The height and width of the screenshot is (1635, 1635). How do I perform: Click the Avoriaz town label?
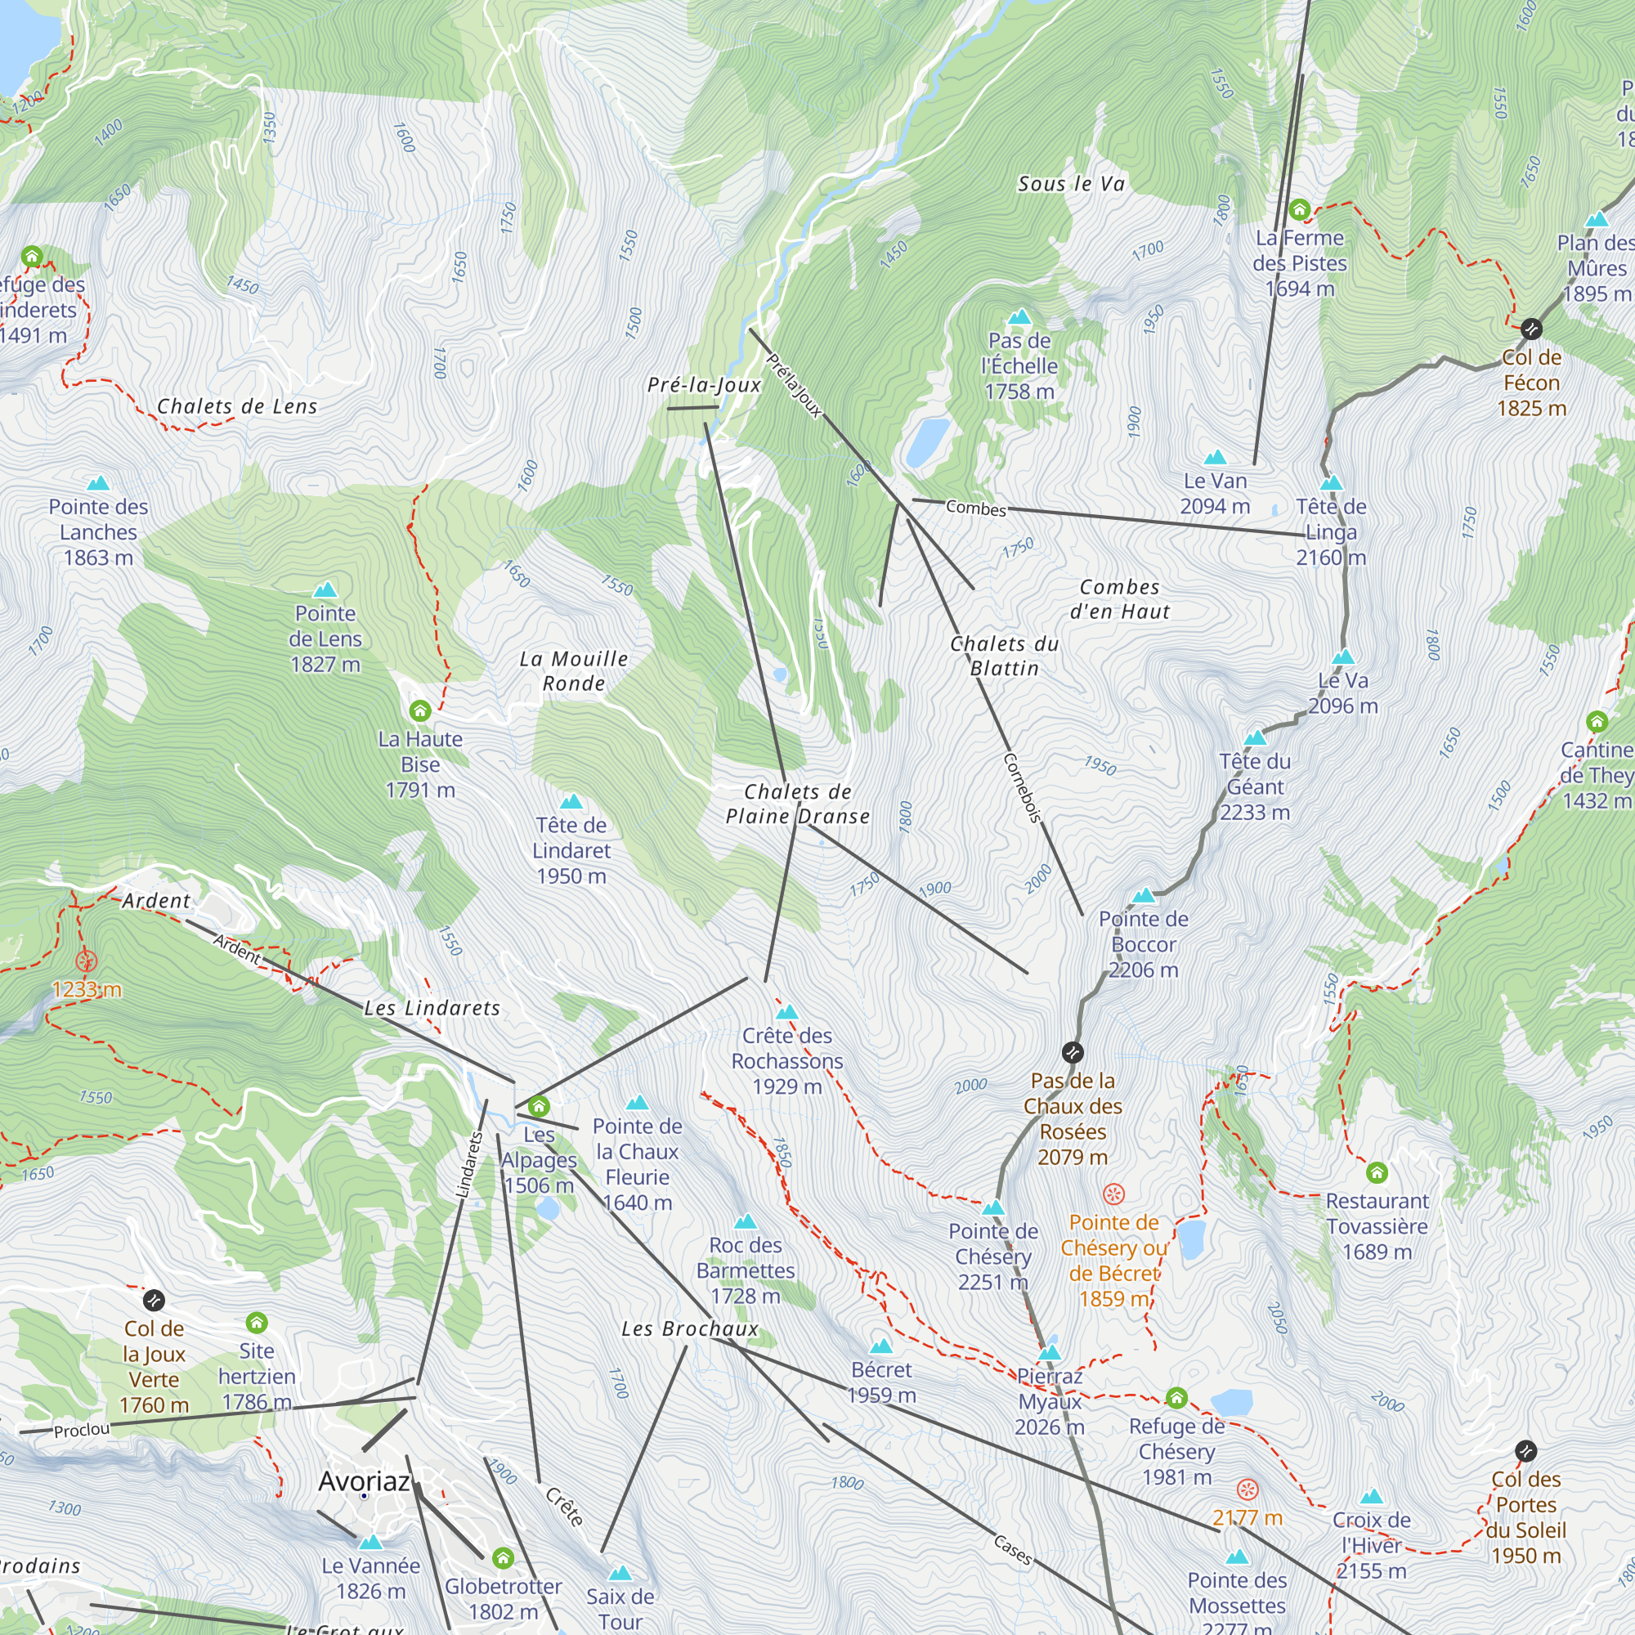point(364,1481)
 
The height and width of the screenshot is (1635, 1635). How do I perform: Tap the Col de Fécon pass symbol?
point(1531,329)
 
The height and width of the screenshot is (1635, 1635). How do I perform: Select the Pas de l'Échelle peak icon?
point(1019,317)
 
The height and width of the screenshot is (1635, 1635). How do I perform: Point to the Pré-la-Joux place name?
point(704,385)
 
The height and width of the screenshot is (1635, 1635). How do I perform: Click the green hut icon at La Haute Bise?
point(419,710)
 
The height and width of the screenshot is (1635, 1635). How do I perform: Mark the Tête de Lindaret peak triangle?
point(571,801)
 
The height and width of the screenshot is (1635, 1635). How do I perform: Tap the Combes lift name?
point(976,508)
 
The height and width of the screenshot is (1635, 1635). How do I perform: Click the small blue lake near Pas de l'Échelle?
point(928,441)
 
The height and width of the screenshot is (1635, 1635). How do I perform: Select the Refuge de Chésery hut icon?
point(1176,1396)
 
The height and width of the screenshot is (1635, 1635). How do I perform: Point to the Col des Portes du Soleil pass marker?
point(1525,1450)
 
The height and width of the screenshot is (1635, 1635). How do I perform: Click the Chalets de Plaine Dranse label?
point(797,804)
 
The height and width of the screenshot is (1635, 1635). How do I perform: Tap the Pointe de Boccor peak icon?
point(1144,895)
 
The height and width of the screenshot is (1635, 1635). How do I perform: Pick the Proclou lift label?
point(82,1430)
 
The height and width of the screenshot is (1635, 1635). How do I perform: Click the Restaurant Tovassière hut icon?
point(1377,1172)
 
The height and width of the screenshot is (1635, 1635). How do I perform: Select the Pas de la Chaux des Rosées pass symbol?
point(1073,1053)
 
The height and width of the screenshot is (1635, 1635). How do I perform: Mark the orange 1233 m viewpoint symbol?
point(87,961)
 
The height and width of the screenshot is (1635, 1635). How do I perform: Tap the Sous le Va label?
point(1072,184)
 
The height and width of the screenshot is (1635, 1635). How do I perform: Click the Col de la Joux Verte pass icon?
point(154,1300)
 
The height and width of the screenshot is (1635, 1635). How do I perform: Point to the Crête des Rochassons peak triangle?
point(787,1012)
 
